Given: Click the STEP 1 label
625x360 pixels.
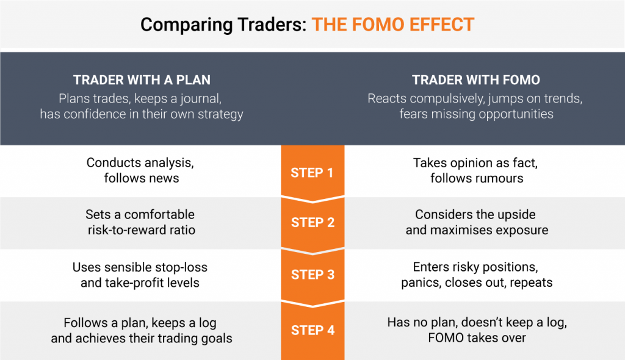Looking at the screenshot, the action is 312,173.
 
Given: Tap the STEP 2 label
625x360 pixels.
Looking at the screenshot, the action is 312,223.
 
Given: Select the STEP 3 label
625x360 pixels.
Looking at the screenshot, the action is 312,275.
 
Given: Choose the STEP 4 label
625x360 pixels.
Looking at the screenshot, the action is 312,330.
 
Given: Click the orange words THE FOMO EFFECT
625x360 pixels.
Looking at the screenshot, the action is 393,25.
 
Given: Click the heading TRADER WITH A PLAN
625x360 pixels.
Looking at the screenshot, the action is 142,80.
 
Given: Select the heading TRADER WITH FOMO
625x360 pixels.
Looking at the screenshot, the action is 476,80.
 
